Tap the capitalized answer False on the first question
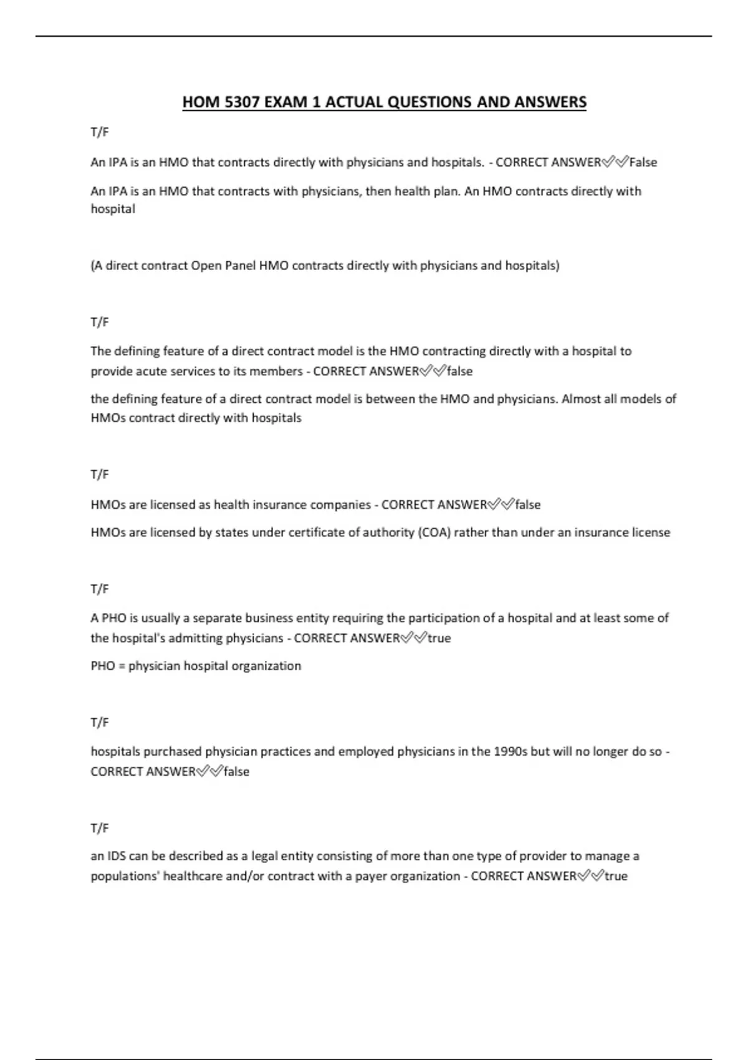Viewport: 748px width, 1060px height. coord(643,162)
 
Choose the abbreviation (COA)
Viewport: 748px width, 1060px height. coord(434,532)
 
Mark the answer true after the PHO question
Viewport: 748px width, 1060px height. coord(439,638)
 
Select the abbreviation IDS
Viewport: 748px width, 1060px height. coord(117,856)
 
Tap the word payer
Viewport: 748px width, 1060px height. coord(372,877)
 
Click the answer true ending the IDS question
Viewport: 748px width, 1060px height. coord(616,877)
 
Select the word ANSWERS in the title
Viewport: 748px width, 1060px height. coord(550,102)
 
